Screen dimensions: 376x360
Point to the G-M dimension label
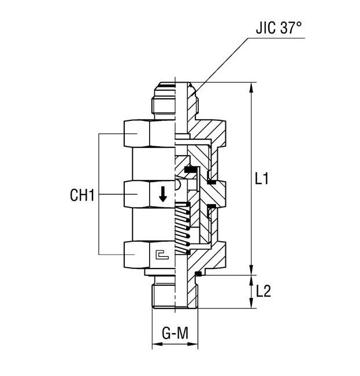point(175,334)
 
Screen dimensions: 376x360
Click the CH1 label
point(81,196)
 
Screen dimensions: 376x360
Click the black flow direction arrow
point(163,194)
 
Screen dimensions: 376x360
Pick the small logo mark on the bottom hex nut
point(162,255)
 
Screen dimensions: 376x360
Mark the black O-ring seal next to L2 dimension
point(198,274)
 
